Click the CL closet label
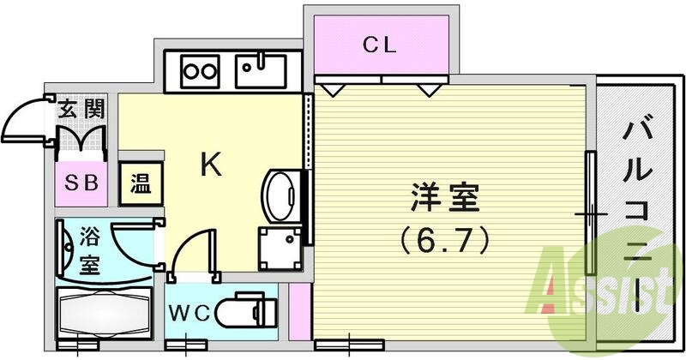378,46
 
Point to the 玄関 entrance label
82,110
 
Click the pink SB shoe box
81,183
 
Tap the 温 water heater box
138,183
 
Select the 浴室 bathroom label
89,249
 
